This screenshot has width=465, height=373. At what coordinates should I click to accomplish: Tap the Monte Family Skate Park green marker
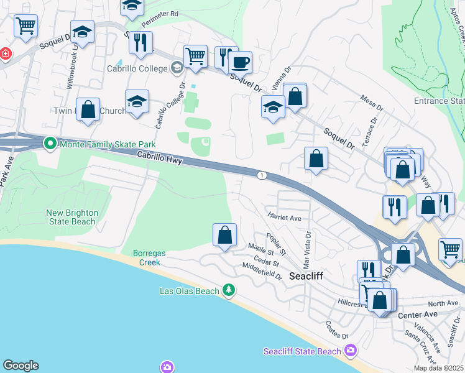[x=50, y=144]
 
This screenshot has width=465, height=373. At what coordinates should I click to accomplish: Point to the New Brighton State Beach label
[x=72, y=217]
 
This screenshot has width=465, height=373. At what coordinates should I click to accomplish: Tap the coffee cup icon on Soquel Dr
[x=240, y=62]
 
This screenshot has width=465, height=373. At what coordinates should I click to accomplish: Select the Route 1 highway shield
[x=262, y=176]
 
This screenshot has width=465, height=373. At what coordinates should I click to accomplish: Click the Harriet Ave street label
[x=284, y=218]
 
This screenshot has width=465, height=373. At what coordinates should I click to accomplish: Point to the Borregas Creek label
[x=147, y=257]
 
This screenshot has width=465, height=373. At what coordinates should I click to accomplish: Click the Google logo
[x=21, y=366]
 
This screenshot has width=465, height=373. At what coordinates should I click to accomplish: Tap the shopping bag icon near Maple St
[x=224, y=235]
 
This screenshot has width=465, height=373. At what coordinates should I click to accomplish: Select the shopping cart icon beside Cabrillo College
[x=195, y=56]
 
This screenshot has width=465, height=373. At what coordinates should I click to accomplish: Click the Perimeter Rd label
[x=160, y=20]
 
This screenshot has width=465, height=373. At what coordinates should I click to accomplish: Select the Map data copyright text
[x=438, y=368]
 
